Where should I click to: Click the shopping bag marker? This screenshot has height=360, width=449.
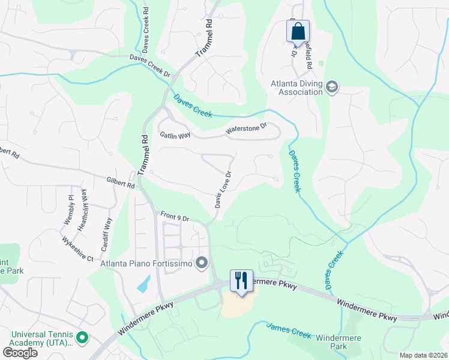point(298,31)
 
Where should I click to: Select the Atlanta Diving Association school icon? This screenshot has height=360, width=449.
point(331,88)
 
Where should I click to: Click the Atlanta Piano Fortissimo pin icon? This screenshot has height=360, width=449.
point(202,262)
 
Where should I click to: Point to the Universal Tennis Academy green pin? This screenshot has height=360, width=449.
point(82,339)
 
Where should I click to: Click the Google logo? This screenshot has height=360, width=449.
point(20,352)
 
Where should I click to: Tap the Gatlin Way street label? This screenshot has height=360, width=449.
point(175,135)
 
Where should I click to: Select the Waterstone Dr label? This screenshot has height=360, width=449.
point(245,129)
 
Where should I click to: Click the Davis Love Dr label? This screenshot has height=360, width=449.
point(223,190)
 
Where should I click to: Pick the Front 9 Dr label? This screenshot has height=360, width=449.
point(175,217)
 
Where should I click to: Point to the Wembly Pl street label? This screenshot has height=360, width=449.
point(68,211)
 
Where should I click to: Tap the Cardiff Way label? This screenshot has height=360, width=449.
point(106,233)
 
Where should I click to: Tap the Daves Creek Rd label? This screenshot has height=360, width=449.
point(146,28)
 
